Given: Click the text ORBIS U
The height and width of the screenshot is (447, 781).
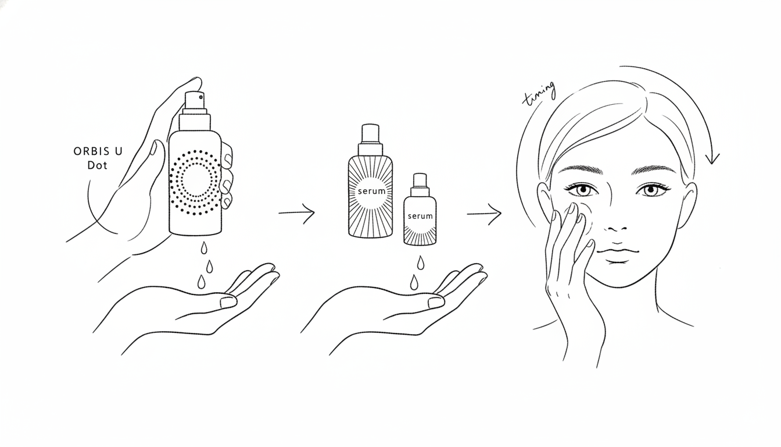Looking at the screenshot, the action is [98, 151].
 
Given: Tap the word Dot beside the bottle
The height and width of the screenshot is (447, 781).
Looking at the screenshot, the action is [97, 165].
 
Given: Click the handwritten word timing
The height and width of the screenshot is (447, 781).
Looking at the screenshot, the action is [539, 94].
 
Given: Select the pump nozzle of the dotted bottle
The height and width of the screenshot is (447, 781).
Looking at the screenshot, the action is [195, 100].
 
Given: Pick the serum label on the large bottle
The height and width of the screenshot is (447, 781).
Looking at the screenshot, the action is [372, 191].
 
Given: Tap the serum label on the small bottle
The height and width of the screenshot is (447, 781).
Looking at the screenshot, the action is [420, 216].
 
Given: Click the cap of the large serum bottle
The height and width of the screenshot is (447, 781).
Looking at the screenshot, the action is [370, 133].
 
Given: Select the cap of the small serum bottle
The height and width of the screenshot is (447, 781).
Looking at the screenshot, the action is [420, 180].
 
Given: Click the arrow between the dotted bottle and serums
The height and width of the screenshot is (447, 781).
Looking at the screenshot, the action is [296, 212].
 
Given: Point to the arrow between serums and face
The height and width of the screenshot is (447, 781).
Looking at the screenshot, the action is [484, 214].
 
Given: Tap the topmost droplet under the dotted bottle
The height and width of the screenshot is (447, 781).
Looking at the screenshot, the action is [204, 248].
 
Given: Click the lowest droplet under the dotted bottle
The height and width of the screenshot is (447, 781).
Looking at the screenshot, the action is [201, 282].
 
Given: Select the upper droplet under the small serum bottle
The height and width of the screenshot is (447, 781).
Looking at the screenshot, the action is [421, 262].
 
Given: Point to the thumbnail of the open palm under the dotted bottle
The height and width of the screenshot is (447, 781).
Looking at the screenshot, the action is [228, 302].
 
